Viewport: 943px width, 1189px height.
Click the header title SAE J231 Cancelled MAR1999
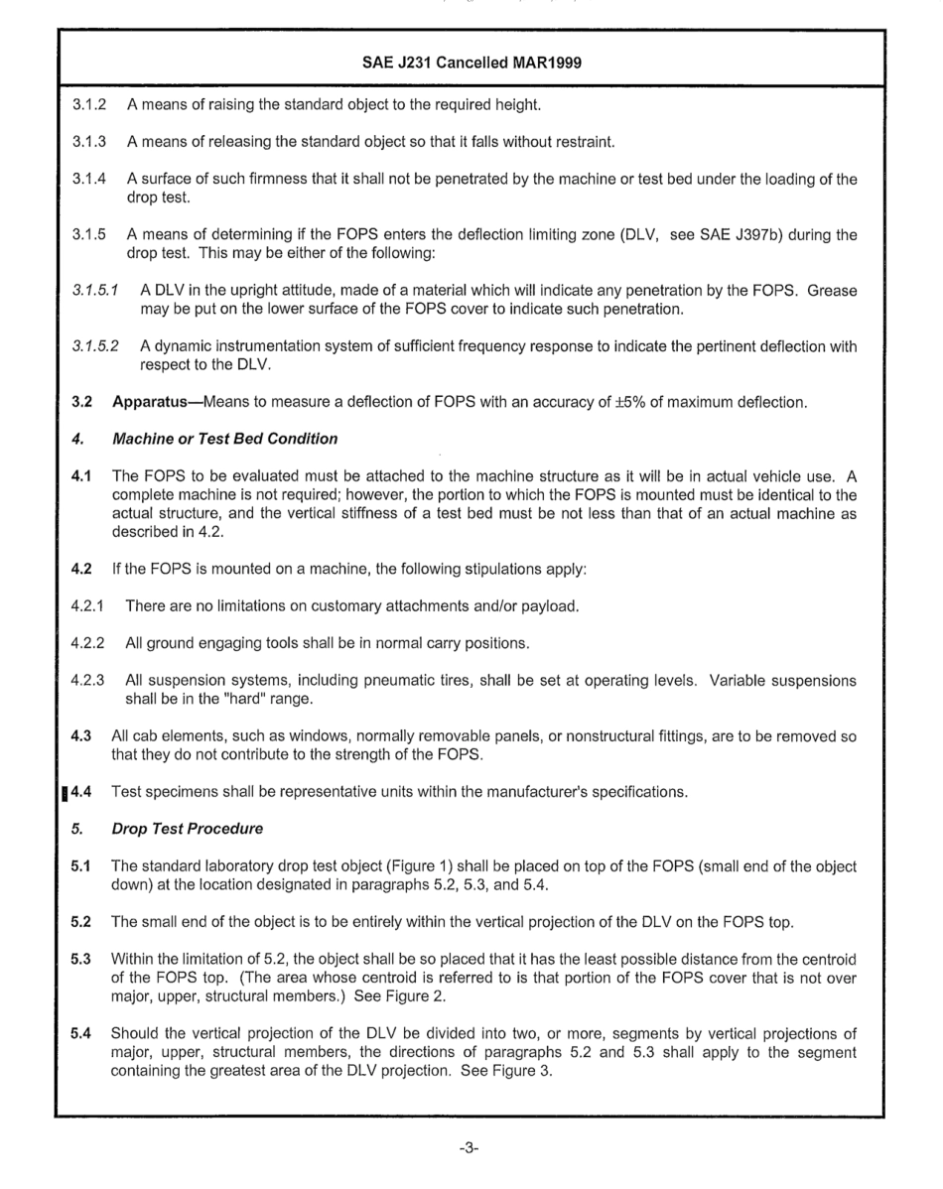471,62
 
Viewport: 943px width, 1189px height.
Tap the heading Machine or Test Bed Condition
225,438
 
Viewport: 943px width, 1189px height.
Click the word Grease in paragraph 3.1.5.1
833,292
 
